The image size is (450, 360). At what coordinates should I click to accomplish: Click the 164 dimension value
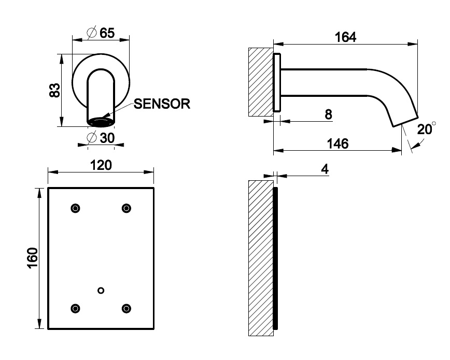pos(345,37)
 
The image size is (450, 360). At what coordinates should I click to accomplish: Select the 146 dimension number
pos(337,143)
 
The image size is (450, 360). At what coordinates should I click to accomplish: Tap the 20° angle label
pos(425,128)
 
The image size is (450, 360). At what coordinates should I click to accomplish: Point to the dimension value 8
pos(328,114)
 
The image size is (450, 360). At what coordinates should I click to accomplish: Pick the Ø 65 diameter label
pos(101,33)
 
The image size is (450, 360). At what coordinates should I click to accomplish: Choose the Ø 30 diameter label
pos(101,138)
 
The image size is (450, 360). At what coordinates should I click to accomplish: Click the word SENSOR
pos(162,104)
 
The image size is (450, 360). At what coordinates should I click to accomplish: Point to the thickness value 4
pos(325,169)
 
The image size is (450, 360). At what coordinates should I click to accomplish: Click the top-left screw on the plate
pos(76,208)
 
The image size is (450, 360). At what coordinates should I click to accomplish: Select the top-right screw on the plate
pos(126,208)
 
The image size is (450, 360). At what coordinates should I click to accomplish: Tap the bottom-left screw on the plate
pos(76,308)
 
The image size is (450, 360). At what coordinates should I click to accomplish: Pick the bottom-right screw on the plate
pos(126,308)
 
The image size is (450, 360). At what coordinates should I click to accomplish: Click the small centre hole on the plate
pos(101,290)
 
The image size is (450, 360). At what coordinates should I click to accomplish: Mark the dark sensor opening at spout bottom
pos(101,122)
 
